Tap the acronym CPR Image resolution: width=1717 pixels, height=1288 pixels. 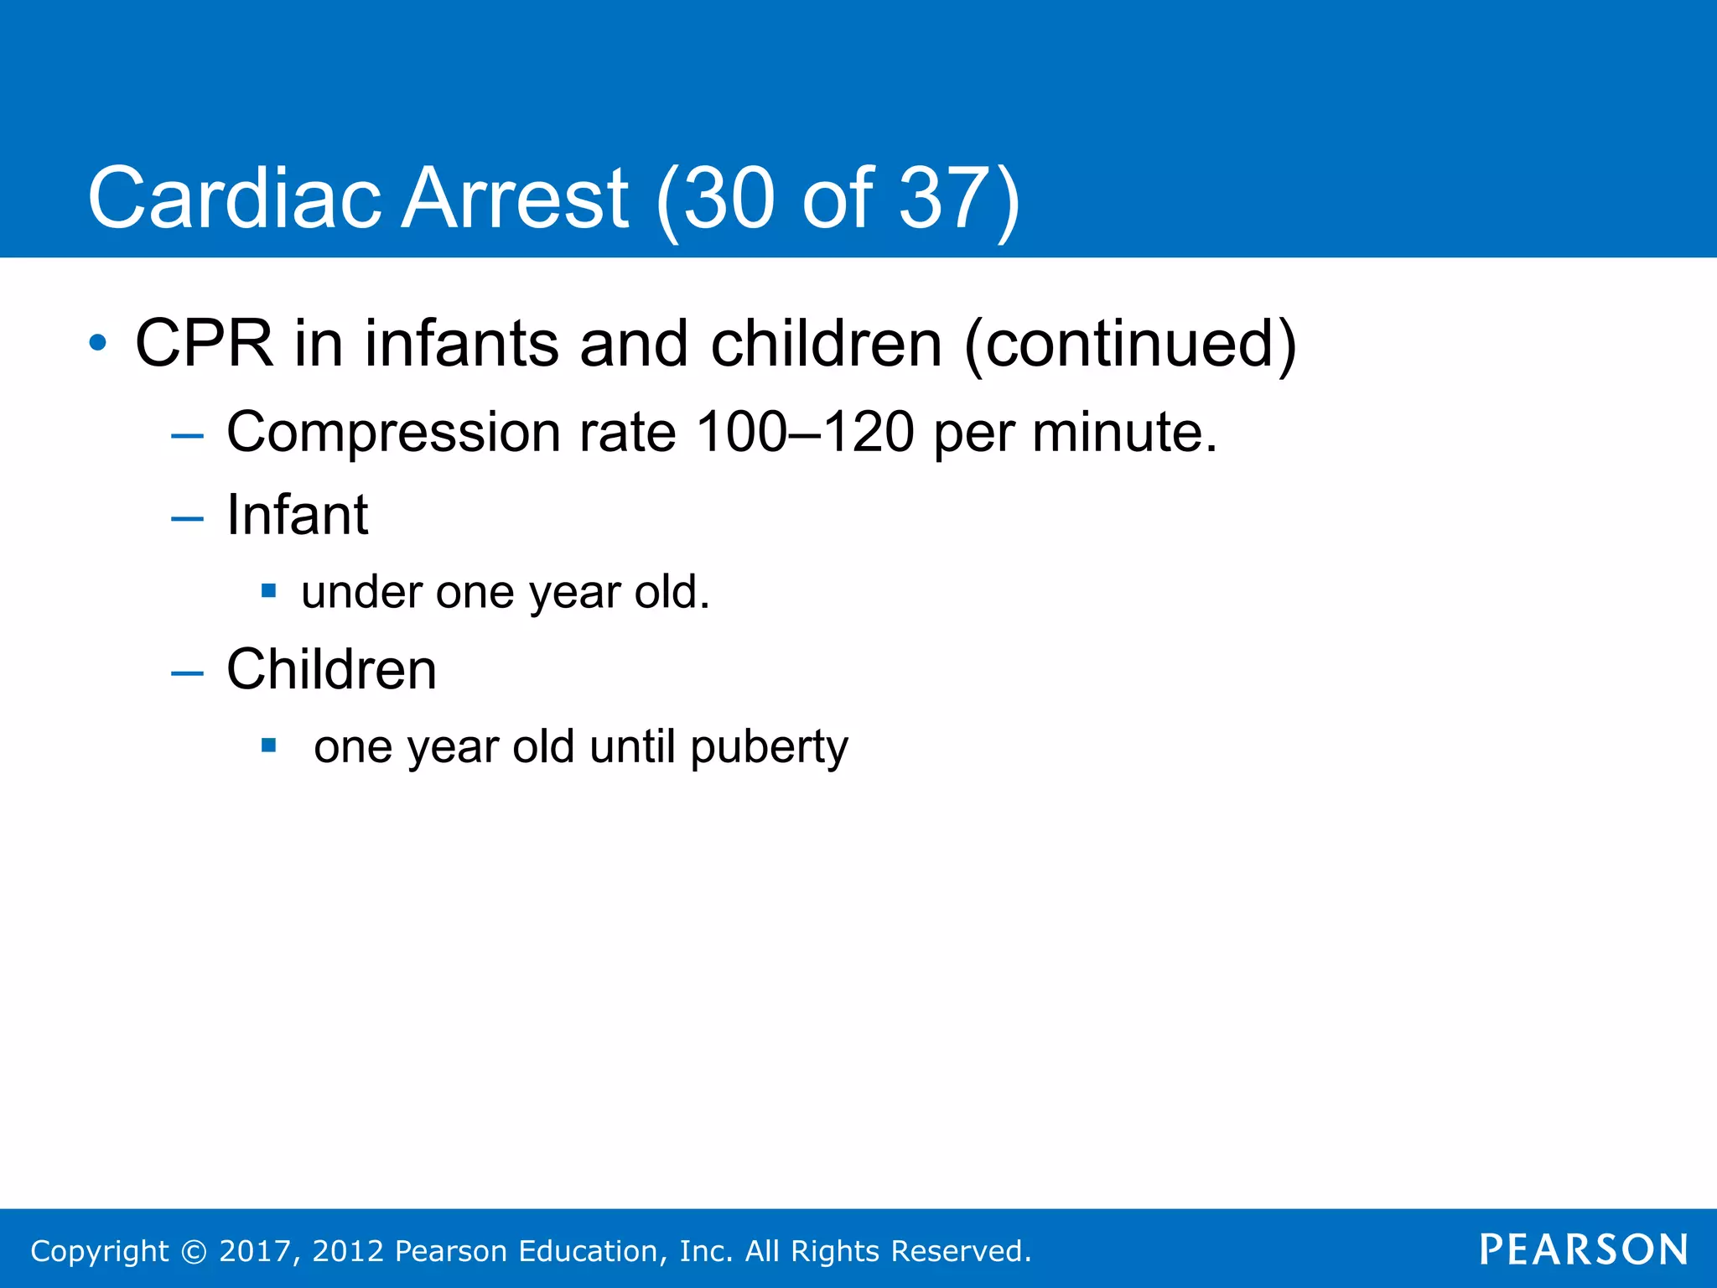pos(204,344)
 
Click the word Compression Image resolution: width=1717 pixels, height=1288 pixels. pos(393,433)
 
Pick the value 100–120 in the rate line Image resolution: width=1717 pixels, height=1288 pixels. pos(804,433)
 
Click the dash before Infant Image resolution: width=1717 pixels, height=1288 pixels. pos(187,519)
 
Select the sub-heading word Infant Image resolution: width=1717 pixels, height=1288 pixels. pos(297,514)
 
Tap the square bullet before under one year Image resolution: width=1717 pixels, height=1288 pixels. pos(268,590)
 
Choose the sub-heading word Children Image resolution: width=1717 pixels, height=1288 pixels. pos(331,669)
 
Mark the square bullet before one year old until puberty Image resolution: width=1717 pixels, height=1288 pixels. pos(268,745)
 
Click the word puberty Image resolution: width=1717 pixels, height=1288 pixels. pos(769,748)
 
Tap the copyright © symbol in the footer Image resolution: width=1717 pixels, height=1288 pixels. pos(194,1251)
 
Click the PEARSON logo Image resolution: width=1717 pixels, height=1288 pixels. pos(1583,1249)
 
